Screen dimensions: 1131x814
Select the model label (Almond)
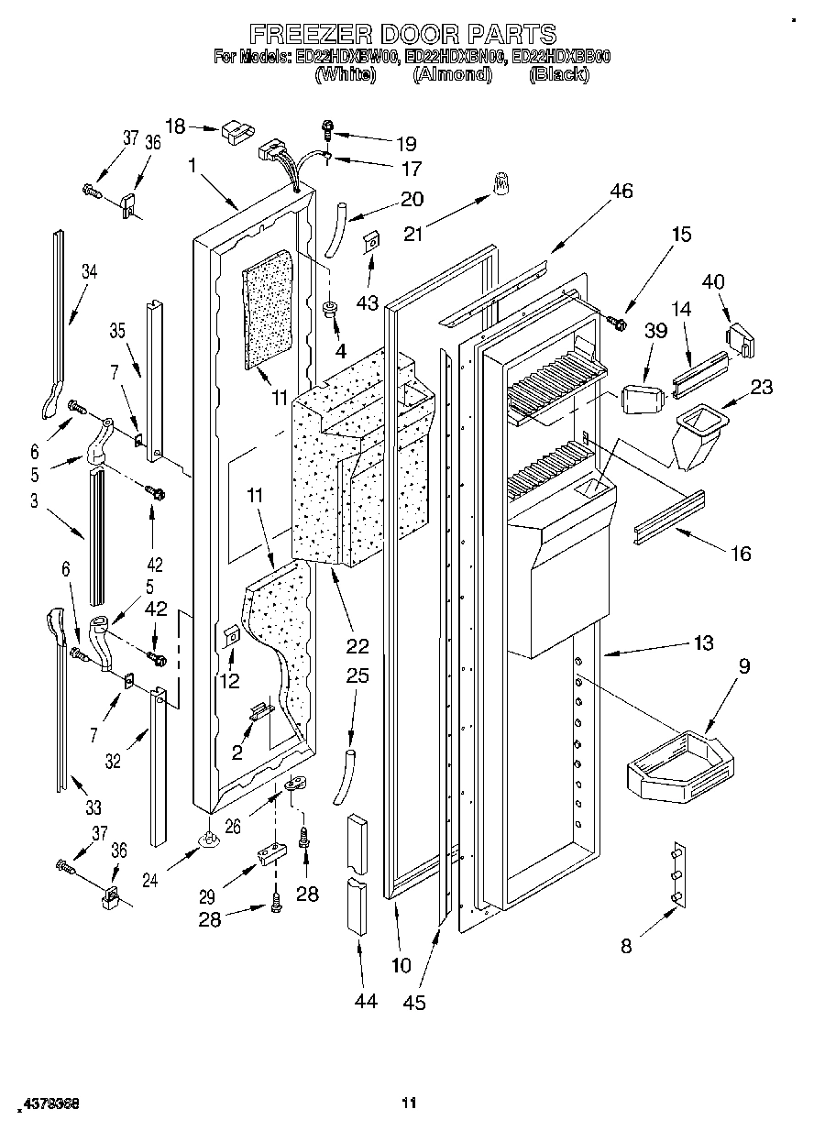point(453,75)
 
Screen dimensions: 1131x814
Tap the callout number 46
point(621,192)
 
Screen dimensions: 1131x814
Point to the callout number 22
point(357,646)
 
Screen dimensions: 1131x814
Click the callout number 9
point(743,667)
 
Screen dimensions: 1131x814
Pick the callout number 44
point(365,1002)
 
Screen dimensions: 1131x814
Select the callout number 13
point(702,643)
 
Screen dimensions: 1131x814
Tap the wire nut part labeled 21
point(500,186)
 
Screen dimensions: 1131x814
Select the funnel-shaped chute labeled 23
point(698,436)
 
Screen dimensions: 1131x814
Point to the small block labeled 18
point(236,130)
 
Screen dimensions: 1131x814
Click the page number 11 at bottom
point(409,1103)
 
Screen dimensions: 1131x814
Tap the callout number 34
point(89,270)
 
